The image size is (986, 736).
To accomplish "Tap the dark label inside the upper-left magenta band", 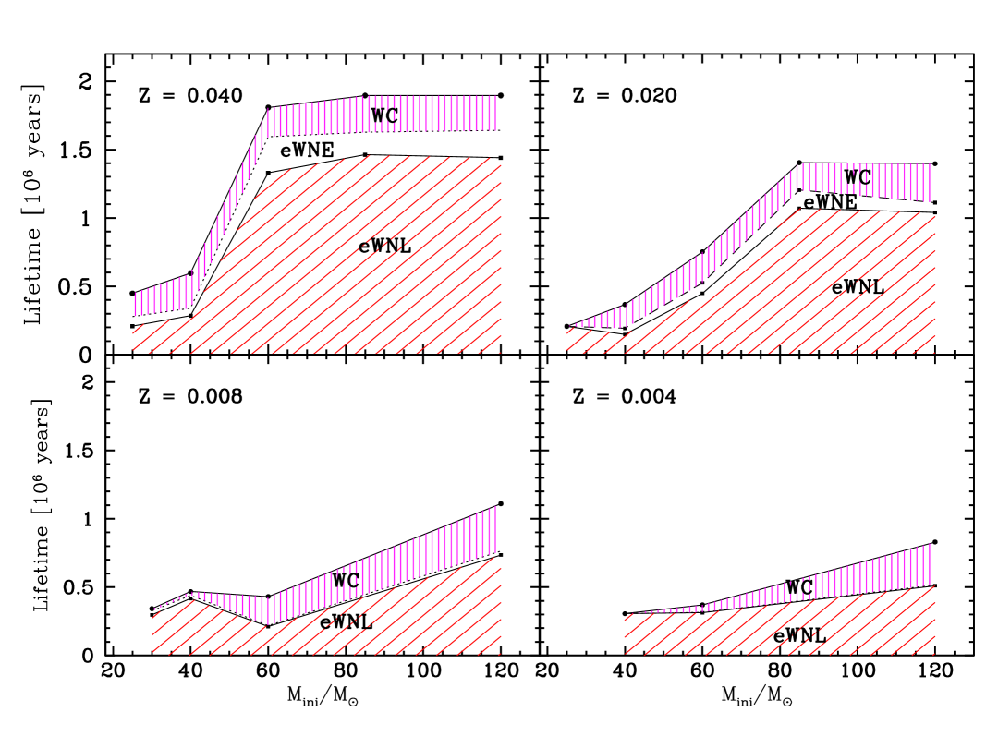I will click(384, 115).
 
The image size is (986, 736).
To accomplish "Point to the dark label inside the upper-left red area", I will click(381, 247).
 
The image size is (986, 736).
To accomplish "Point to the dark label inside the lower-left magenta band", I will click(347, 580).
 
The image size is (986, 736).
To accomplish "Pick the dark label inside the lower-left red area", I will click(347, 621).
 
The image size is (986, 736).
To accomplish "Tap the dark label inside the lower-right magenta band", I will click(800, 587).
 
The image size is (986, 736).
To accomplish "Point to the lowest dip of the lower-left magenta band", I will click(267, 610).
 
